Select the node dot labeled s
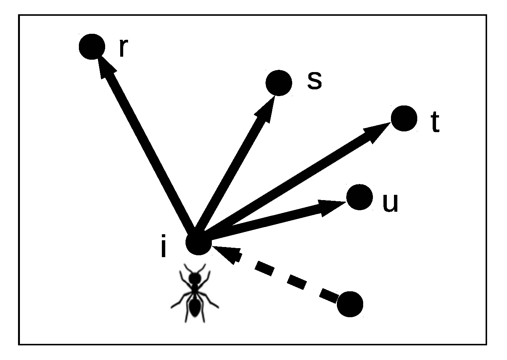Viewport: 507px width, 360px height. click(x=279, y=83)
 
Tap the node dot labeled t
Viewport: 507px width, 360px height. click(x=404, y=118)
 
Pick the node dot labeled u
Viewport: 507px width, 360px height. click(x=359, y=197)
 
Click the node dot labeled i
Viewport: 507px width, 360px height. click(x=199, y=242)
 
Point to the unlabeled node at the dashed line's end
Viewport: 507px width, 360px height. click(x=350, y=304)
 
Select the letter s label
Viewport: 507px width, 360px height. click(x=314, y=81)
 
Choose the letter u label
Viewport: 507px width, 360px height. click(x=390, y=203)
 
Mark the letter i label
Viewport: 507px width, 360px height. click(x=163, y=247)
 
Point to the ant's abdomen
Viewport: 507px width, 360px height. click(x=194, y=307)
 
